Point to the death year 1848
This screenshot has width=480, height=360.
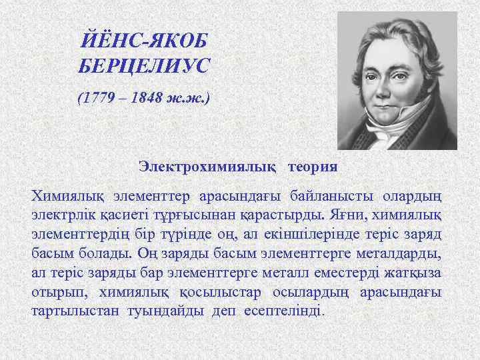146,99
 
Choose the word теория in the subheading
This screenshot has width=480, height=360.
313,165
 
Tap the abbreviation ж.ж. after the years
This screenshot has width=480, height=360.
189,99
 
